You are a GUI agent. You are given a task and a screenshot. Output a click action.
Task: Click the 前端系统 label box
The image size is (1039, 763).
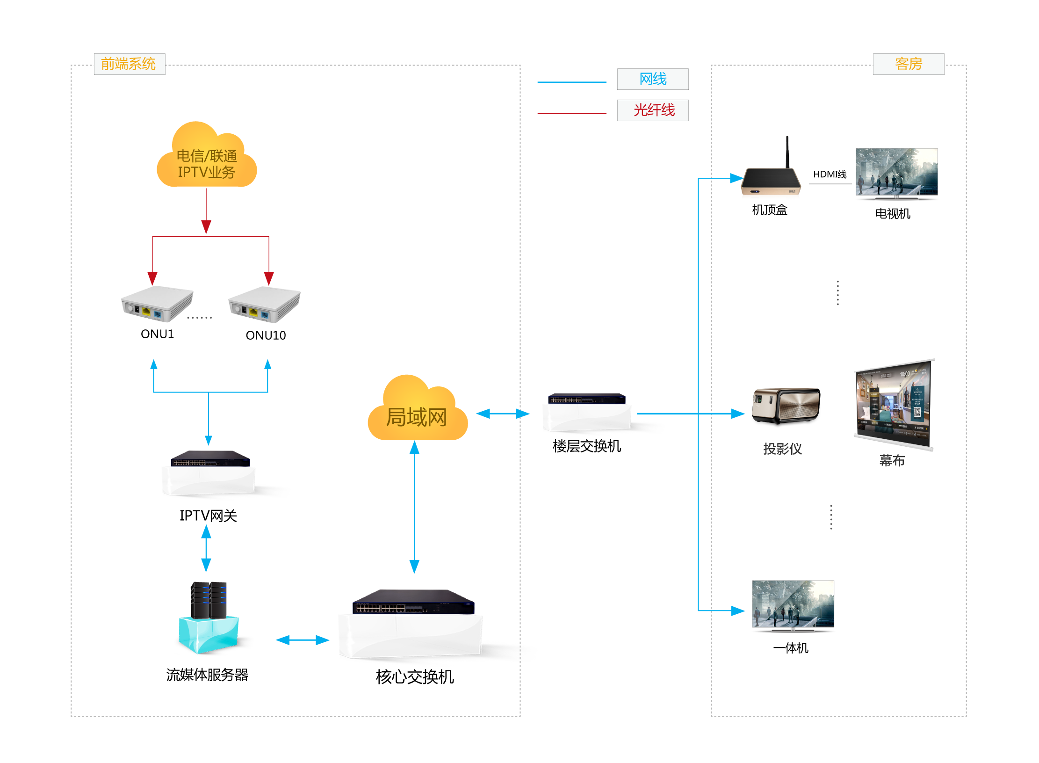pyautogui.click(x=129, y=64)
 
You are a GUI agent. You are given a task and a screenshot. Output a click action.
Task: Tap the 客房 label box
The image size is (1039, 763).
pyautogui.click(x=908, y=64)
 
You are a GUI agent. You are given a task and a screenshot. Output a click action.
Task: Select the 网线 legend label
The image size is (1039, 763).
pyautogui.click(x=653, y=79)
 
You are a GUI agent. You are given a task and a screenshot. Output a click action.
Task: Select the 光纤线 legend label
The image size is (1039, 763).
pyautogui.click(x=653, y=110)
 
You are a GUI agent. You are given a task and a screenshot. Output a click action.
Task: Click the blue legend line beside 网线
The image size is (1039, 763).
pyautogui.click(x=571, y=82)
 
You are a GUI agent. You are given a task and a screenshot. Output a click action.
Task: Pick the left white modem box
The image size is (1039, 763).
pyautogui.click(x=157, y=304)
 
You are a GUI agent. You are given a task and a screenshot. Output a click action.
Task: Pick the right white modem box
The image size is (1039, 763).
pyautogui.click(x=264, y=305)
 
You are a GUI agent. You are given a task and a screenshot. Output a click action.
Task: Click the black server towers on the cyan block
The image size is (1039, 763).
pyautogui.click(x=209, y=600)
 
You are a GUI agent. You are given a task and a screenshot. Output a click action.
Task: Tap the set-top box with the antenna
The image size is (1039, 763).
pyautogui.click(x=772, y=182)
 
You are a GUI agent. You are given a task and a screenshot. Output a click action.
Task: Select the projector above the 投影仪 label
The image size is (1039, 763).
pyautogui.click(x=786, y=405)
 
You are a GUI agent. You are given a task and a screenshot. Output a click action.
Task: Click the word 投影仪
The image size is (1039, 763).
pyautogui.click(x=782, y=449)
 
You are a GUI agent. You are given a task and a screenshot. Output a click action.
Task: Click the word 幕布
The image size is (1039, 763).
pyautogui.click(x=892, y=460)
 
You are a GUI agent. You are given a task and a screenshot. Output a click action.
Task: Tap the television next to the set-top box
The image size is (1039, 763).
pyautogui.click(x=896, y=173)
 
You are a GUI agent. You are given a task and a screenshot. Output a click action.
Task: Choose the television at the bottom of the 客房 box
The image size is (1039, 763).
pyautogui.click(x=793, y=605)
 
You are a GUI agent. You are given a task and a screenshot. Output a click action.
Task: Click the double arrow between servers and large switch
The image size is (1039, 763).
pyautogui.click(x=303, y=640)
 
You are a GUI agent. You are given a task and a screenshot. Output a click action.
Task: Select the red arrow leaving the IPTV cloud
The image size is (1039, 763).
pyautogui.click(x=206, y=211)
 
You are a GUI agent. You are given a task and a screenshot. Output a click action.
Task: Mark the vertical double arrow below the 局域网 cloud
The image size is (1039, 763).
pyautogui.click(x=414, y=507)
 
